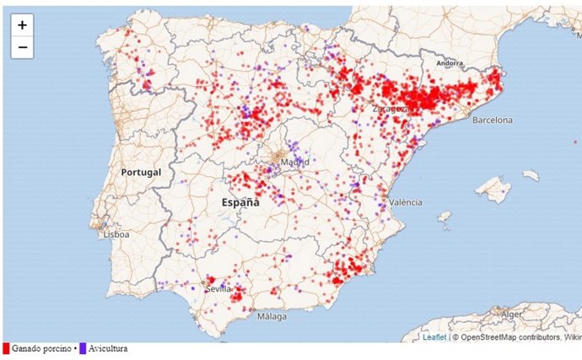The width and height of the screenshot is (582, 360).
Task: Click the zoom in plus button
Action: (22, 25)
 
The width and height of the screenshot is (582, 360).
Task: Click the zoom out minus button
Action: (22, 47)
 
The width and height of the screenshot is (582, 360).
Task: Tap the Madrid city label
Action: (294, 162)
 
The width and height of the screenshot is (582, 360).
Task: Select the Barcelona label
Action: (492, 121)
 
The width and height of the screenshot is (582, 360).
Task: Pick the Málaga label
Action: (272, 317)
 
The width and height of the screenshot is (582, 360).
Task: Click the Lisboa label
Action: (116, 235)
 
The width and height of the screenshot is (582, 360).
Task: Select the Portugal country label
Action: (139, 172)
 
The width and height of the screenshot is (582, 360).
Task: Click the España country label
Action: (240, 202)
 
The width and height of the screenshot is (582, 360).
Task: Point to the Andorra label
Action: (452, 63)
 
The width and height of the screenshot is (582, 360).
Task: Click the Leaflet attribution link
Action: (434, 337)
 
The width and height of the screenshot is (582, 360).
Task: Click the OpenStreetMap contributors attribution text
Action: (505, 337)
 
